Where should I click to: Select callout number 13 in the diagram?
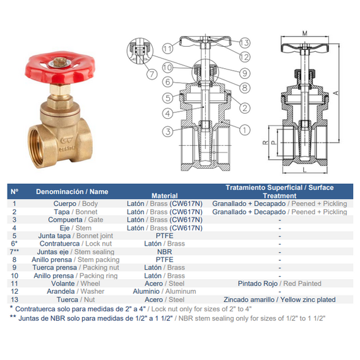[x=244, y=43]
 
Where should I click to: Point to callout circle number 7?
[x=152, y=74]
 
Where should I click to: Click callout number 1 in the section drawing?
[x=244, y=130]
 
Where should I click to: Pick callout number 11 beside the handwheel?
[x=167, y=49]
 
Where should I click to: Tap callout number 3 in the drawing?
[x=168, y=131]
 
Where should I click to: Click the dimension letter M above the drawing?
[x=304, y=33]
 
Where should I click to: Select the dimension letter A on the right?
[x=336, y=93]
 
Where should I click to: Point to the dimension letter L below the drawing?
[x=304, y=170]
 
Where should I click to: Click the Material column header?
[x=164, y=196]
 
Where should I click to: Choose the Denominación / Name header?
[x=72, y=192]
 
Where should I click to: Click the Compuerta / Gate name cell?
[x=76, y=220]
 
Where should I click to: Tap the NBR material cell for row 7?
[x=164, y=252]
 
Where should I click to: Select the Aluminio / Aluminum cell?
[x=164, y=291]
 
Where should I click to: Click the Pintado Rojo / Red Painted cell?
[x=279, y=284]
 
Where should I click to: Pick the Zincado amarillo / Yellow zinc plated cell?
[x=279, y=299]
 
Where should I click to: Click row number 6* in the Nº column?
[x=15, y=244]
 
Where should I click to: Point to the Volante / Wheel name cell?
[x=76, y=284]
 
